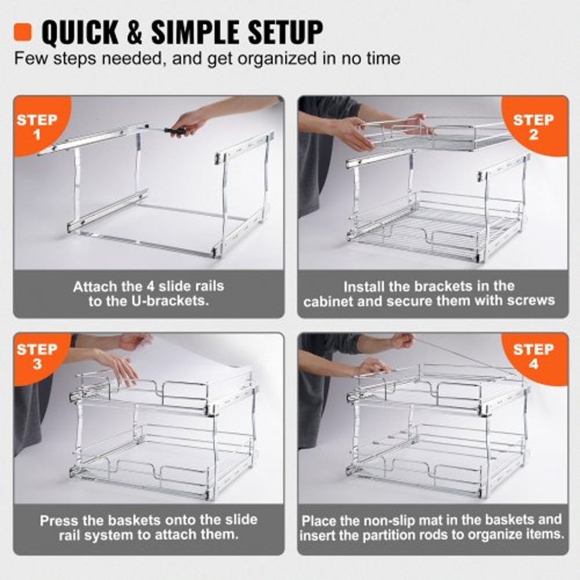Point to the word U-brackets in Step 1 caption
click(173, 302)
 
